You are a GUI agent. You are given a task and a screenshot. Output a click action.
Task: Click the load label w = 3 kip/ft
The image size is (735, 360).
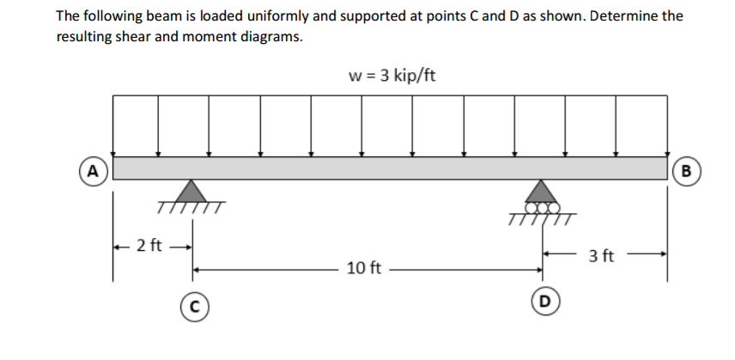pos(392,76)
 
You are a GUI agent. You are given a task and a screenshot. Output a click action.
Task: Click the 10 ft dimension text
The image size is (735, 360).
pos(365,268)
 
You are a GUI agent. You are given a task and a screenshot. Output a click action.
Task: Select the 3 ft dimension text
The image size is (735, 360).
pos(602,255)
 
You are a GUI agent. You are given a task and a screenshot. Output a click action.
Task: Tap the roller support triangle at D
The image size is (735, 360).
pos(541,189)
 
